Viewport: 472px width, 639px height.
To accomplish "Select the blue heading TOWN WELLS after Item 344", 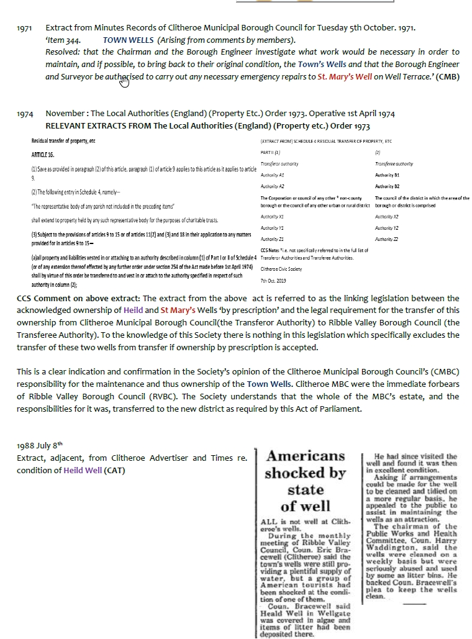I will [129, 40].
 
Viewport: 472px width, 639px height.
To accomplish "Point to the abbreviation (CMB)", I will [448, 77].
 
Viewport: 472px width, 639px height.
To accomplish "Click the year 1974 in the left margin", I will [25, 114].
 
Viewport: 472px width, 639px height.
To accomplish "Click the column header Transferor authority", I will [279, 163].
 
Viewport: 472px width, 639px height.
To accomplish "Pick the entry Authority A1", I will [273, 175].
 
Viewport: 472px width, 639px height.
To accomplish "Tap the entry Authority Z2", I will [387, 238].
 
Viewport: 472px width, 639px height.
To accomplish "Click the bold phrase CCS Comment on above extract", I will [78, 299].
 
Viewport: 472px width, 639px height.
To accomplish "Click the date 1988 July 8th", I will [40, 445].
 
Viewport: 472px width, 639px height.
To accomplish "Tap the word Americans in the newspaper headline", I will [306, 456].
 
